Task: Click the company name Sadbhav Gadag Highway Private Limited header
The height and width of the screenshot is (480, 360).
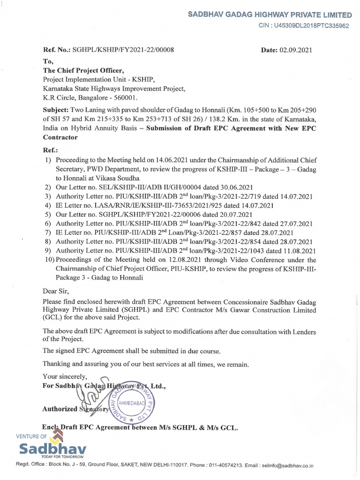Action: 270,15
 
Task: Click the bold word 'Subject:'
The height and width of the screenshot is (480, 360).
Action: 56,109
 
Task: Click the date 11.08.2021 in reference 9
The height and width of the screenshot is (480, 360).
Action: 295,251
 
